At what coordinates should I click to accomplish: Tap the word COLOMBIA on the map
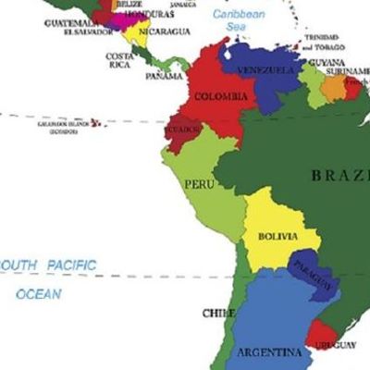click(x=221, y=96)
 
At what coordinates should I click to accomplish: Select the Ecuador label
click(x=183, y=130)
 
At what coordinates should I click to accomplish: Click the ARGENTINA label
click(x=269, y=352)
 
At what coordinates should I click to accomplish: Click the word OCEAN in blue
click(x=39, y=294)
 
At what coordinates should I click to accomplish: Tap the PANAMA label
click(x=164, y=76)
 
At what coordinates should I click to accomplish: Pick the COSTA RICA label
click(x=118, y=60)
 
